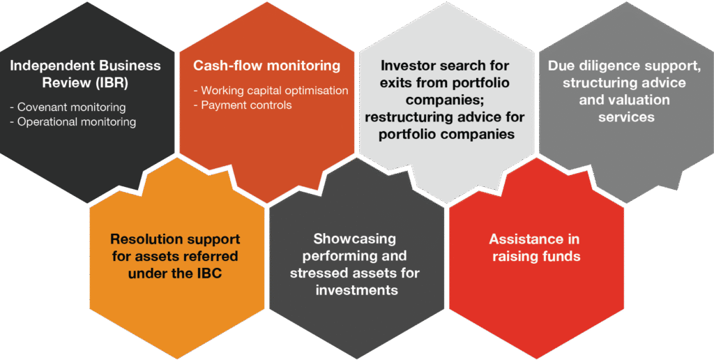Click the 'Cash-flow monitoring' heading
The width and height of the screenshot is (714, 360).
267,66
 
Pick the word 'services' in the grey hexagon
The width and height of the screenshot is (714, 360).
626,117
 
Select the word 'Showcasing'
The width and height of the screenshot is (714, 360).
354,239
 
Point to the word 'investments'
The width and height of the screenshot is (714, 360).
356,290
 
